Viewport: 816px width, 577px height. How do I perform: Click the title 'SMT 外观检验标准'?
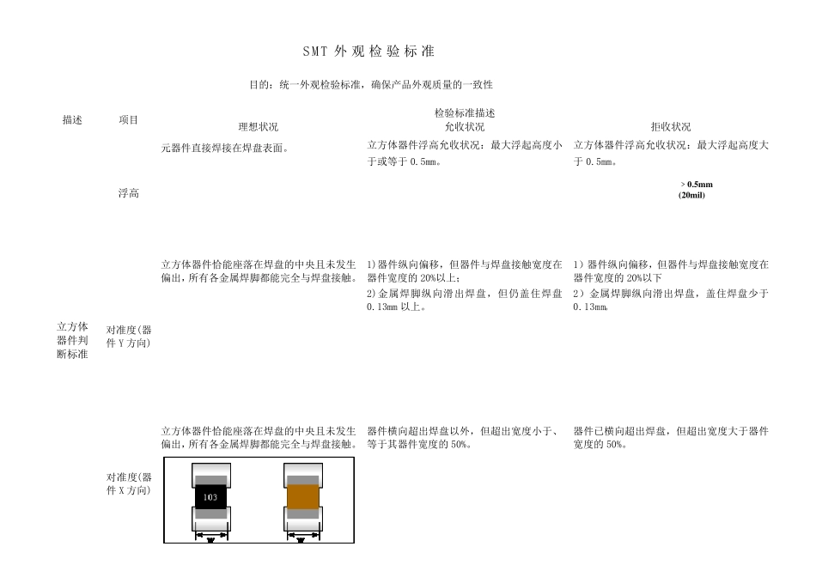(x=369, y=52)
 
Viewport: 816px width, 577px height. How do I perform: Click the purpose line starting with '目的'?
(x=370, y=85)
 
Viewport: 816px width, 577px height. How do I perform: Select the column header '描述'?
(x=72, y=120)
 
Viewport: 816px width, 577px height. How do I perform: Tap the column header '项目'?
(x=128, y=120)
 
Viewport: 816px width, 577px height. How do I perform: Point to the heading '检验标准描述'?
(x=465, y=112)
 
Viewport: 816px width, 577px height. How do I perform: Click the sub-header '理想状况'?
(x=259, y=126)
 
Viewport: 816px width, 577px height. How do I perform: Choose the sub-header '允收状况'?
(x=465, y=126)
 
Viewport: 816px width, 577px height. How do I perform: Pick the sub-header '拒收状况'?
(x=671, y=126)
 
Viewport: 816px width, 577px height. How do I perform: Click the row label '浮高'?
(x=128, y=193)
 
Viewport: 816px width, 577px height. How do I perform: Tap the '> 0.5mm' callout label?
(x=697, y=185)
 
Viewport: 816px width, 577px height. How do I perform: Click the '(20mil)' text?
(x=691, y=195)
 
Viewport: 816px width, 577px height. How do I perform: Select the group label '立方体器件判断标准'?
(x=72, y=341)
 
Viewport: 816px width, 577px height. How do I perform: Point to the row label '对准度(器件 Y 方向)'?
(x=128, y=336)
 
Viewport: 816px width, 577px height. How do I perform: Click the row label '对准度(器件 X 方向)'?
(x=128, y=483)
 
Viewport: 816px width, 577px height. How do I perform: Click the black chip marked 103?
(x=211, y=497)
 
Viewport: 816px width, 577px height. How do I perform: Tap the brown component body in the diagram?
(x=302, y=497)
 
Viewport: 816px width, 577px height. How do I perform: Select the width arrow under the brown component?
(x=302, y=537)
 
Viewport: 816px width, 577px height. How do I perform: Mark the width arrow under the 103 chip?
(x=211, y=536)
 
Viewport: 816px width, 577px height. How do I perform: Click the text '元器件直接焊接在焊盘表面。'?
(x=225, y=148)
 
